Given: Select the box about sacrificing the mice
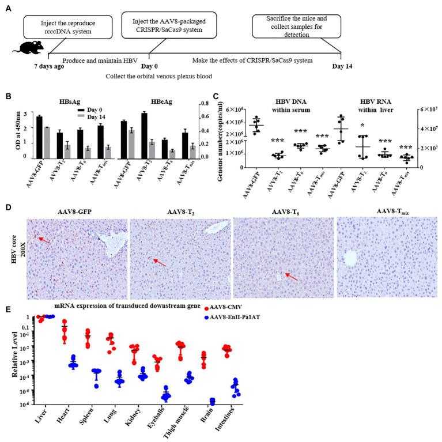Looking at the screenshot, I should pyautogui.click(x=296, y=27).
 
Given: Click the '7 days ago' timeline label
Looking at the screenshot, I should pyautogui.click(x=47, y=65).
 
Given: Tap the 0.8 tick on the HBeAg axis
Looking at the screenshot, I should pyautogui.click(x=213, y=104).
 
